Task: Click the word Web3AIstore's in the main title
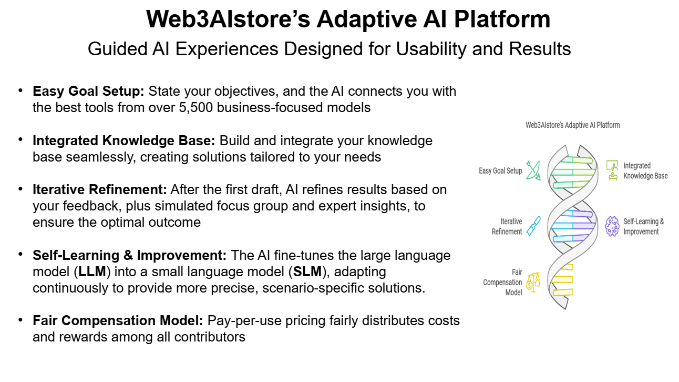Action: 228,19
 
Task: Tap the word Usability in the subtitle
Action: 431,49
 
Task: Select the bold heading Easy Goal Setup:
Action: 88,92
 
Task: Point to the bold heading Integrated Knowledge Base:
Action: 124,141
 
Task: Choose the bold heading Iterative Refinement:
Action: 100,189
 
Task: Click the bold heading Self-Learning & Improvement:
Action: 130,256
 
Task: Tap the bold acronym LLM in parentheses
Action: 92,272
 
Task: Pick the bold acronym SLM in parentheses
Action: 307,272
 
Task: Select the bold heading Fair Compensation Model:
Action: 118,321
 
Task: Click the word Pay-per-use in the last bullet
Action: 244,321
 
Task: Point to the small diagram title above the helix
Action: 573,125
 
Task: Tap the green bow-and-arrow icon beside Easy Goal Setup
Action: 533,170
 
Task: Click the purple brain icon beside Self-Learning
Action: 612,226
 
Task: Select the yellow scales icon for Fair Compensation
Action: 533,282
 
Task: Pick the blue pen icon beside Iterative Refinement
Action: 533,226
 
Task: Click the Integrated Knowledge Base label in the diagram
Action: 645,171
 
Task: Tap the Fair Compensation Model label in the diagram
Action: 502,282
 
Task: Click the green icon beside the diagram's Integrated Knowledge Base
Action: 612,170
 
